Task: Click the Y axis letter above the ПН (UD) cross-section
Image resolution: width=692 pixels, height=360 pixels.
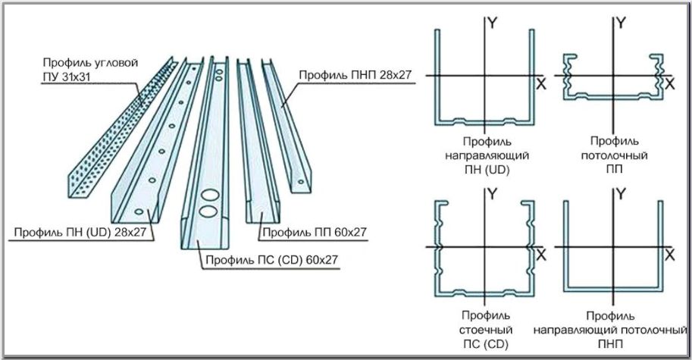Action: (x=493, y=23)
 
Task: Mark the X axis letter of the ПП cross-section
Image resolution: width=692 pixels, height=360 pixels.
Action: (x=669, y=85)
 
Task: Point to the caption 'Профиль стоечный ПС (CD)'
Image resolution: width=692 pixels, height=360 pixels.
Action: (x=485, y=330)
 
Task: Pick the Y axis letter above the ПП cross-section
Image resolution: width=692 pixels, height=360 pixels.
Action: (x=622, y=23)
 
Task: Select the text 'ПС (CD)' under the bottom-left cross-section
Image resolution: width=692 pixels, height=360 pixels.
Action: (x=485, y=344)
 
